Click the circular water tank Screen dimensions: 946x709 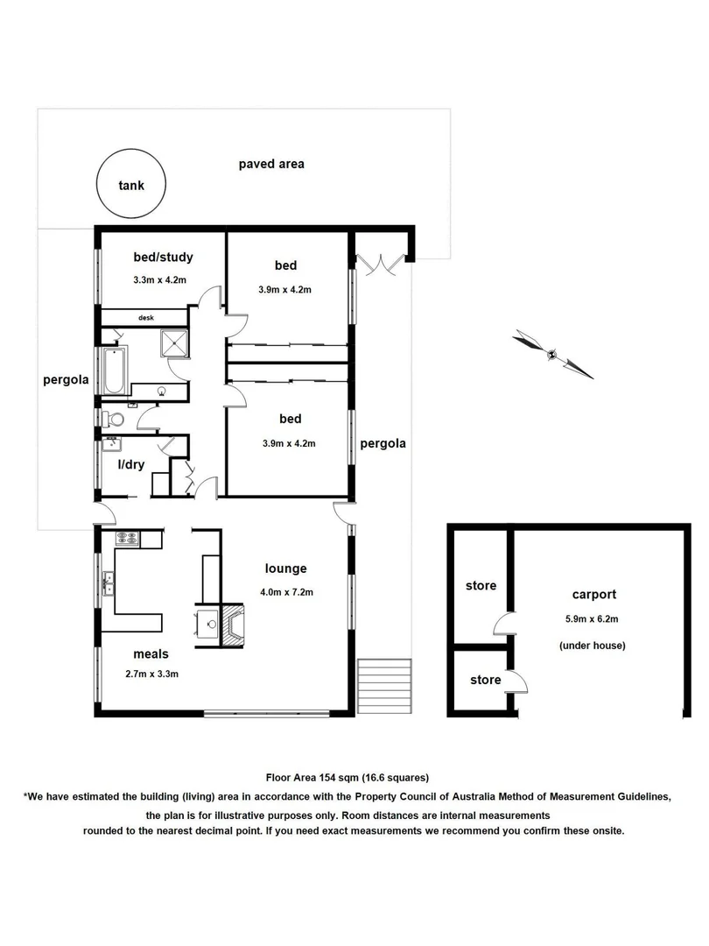click(x=131, y=185)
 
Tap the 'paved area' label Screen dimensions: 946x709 click(x=271, y=164)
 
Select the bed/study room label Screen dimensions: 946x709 click(x=163, y=257)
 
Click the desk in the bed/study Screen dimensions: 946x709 click(x=144, y=317)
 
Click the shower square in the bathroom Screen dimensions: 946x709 click(x=173, y=343)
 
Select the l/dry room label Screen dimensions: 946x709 click(x=131, y=463)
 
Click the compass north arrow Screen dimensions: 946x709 click(x=553, y=354)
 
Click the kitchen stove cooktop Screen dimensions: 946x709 click(x=127, y=540)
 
